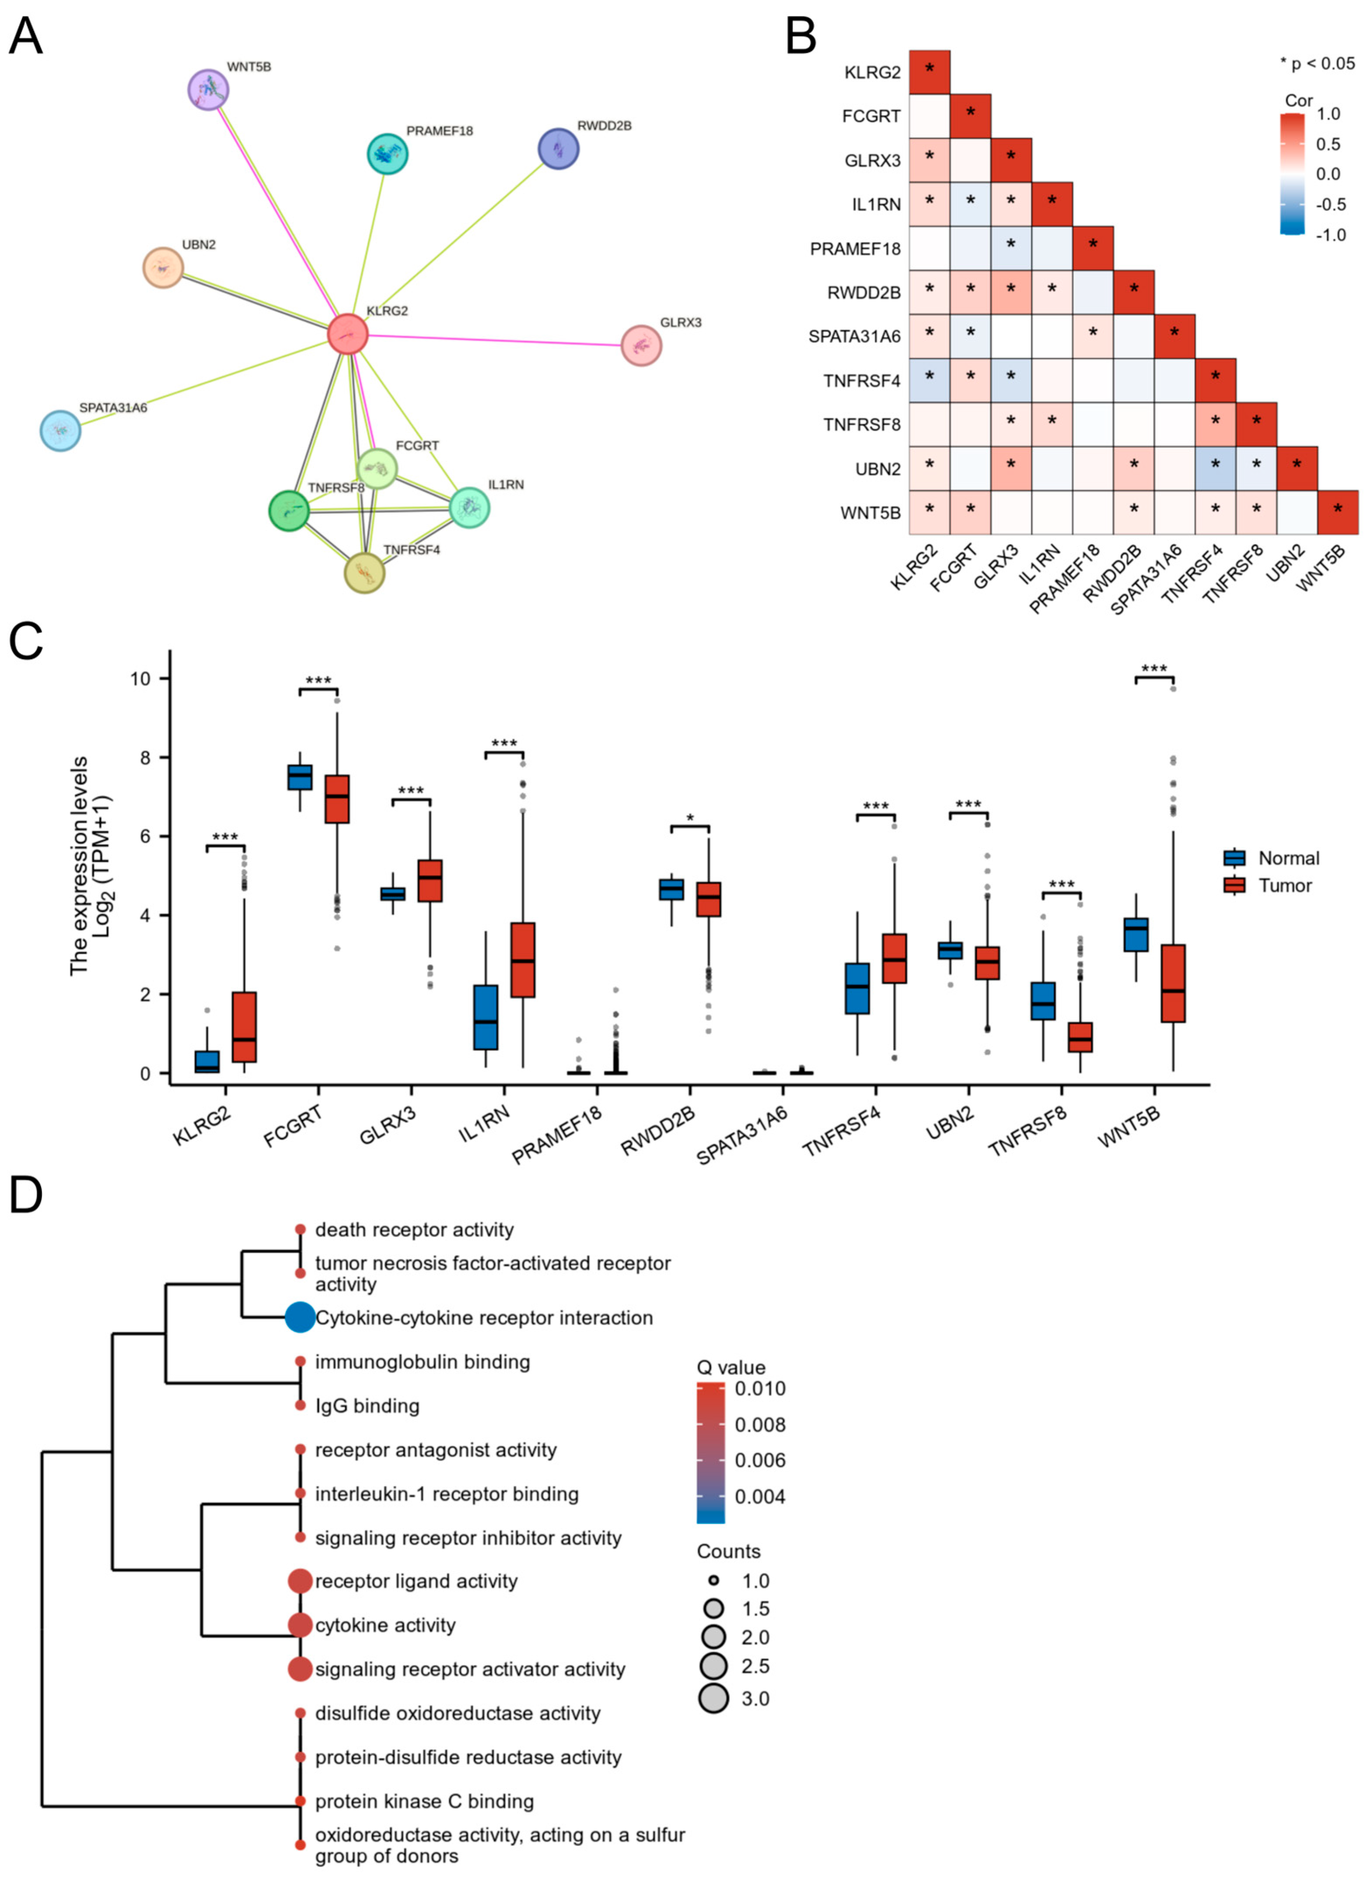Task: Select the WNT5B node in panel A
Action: [x=208, y=90]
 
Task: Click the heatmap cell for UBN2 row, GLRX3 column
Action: [x=1010, y=468]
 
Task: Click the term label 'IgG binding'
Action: [x=367, y=1406]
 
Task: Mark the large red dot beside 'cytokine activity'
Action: [x=300, y=1625]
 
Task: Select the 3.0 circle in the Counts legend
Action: [x=713, y=1698]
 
